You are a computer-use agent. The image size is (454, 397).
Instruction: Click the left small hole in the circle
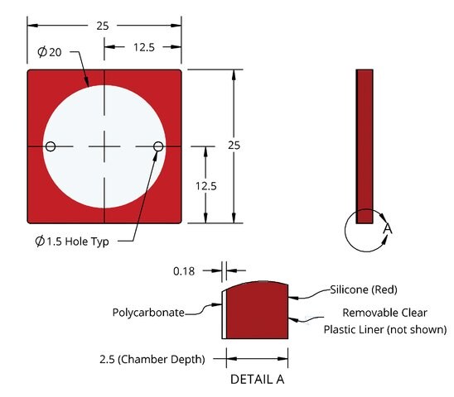(51, 146)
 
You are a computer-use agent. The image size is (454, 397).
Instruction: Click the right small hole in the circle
(158, 146)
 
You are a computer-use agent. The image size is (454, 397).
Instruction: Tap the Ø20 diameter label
(50, 52)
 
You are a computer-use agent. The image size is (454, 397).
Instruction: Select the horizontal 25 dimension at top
(103, 26)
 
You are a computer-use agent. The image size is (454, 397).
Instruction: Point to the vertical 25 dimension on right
(234, 145)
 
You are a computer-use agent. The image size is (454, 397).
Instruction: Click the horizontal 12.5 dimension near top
(144, 47)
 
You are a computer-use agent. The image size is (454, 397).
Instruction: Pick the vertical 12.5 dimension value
(205, 186)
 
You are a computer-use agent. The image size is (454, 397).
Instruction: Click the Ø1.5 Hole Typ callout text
(72, 242)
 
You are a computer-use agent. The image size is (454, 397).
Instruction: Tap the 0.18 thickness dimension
(184, 271)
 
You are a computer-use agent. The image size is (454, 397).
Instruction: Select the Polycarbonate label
(148, 313)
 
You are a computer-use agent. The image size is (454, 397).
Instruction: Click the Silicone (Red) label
(364, 289)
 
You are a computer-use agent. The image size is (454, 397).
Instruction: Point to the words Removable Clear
(384, 313)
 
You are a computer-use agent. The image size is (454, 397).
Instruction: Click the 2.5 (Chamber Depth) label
(152, 360)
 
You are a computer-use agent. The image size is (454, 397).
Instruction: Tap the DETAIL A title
(257, 380)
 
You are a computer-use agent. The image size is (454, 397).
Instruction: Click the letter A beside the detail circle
(388, 229)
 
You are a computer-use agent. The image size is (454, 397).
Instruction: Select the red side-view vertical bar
(365, 146)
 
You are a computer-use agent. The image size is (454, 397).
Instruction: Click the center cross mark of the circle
(104, 146)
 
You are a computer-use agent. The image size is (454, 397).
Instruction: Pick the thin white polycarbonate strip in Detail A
(225, 314)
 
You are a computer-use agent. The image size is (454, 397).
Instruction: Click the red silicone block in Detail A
(257, 311)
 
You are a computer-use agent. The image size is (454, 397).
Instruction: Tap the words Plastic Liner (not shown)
(385, 330)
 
